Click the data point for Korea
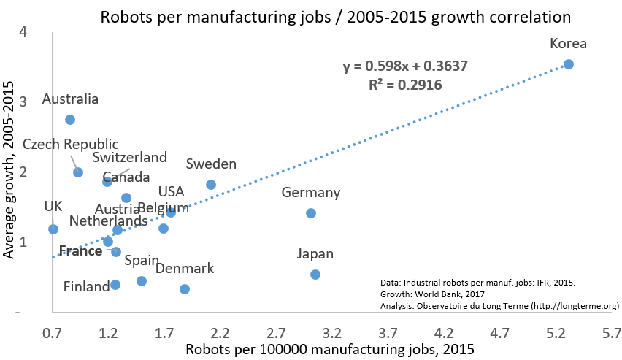tap(569, 64)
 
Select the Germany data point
tap(311, 213)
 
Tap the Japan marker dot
tap(315, 275)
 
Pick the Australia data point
tap(70, 120)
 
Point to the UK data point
tap(53, 229)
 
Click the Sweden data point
tap(211, 185)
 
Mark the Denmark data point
tap(185, 289)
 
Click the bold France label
tap(80, 251)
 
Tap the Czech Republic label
tap(71, 145)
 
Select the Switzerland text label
tap(130, 157)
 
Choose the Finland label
tap(86, 287)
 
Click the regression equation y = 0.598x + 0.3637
tap(405, 66)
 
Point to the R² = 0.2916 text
tap(405, 85)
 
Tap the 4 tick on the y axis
tap(24, 32)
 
